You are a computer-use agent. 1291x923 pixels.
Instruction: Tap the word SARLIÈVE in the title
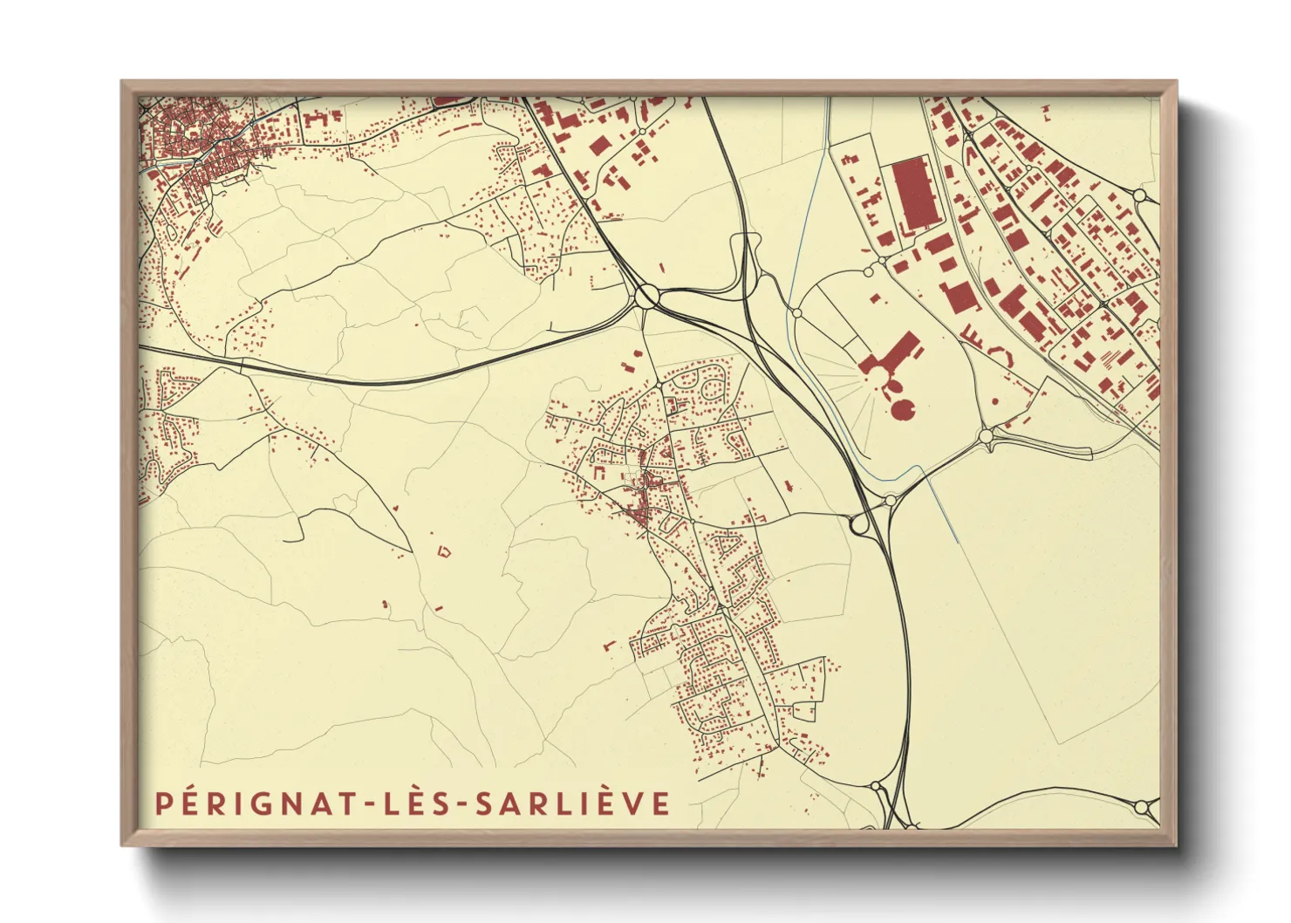(x=572, y=803)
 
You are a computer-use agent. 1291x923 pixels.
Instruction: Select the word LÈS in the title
(x=419, y=803)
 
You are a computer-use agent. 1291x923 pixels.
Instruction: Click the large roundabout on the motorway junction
(x=647, y=297)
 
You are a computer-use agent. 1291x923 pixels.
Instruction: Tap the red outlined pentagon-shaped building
(x=445, y=551)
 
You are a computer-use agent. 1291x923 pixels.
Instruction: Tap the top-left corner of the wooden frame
(x=123, y=83)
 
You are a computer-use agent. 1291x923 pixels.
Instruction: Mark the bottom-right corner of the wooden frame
(x=1175, y=844)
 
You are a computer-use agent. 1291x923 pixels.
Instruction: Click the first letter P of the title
(x=161, y=803)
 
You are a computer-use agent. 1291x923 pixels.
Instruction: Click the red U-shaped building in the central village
(x=601, y=470)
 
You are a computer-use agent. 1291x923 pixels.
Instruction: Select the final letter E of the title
(x=661, y=803)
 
